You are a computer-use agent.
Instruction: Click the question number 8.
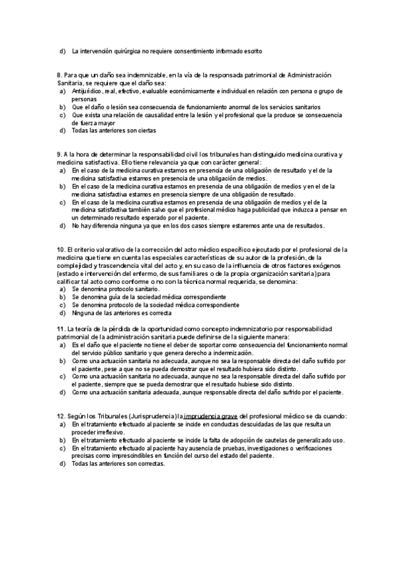[x=60, y=76]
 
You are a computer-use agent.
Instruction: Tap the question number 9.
[x=60, y=154]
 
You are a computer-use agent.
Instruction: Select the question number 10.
[x=61, y=249]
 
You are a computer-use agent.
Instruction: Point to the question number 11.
[x=61, y=328]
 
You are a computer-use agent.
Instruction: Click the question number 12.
[x=61, y=415]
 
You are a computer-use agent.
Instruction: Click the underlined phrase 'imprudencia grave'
[x=210, y=415]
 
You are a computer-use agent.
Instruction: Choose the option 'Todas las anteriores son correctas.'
[x=118, y=463]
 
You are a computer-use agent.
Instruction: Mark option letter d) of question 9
[x=62, y=226]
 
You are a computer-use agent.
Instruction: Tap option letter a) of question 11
[x=62, y=345]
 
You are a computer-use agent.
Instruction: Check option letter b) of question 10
[x=62, y=297]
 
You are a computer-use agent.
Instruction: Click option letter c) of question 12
[x=62, y=448]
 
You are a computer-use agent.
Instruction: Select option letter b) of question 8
[x=62, y=107]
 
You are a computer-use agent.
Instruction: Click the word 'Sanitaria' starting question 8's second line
[x=71, y=84]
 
